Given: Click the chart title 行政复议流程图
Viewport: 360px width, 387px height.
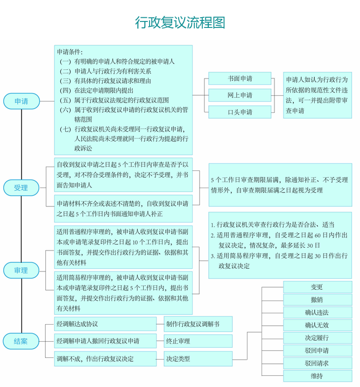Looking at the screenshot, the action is coord(180,23).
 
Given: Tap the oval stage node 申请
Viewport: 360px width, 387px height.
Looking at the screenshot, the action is coord(22,101).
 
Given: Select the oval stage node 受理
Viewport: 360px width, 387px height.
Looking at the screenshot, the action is coord(21,188).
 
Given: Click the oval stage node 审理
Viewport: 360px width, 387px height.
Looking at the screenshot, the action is coord(21,270).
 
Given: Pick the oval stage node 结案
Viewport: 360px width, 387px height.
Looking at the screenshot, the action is coord(21,341).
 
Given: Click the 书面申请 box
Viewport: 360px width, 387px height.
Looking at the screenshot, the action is coord(239,78).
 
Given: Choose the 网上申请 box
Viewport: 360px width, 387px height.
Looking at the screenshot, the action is coord(239,95).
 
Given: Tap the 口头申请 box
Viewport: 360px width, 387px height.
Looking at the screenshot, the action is coord(239,112).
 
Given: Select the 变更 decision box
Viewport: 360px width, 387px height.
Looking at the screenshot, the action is coord(317,287).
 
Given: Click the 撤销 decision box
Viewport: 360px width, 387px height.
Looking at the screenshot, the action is coord(317,299).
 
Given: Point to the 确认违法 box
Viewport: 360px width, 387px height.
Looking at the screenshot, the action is coord(317,312).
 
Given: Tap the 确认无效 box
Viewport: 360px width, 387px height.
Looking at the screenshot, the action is coord(317,325).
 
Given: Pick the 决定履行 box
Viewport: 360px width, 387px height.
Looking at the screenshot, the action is coord(317,338).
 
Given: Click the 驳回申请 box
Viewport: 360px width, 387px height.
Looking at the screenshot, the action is coord(317,350).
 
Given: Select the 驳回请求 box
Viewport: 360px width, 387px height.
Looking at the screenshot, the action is coord(317,363).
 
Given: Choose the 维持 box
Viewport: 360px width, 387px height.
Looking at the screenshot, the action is coord(317,376).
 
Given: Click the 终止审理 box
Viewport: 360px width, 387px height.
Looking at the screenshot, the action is coord(198,341).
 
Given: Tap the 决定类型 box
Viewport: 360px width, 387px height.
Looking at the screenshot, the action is coord(198,359).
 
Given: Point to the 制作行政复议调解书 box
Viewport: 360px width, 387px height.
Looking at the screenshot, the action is coord(198,324).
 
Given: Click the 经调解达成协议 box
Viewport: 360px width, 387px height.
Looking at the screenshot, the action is coord(105,324).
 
